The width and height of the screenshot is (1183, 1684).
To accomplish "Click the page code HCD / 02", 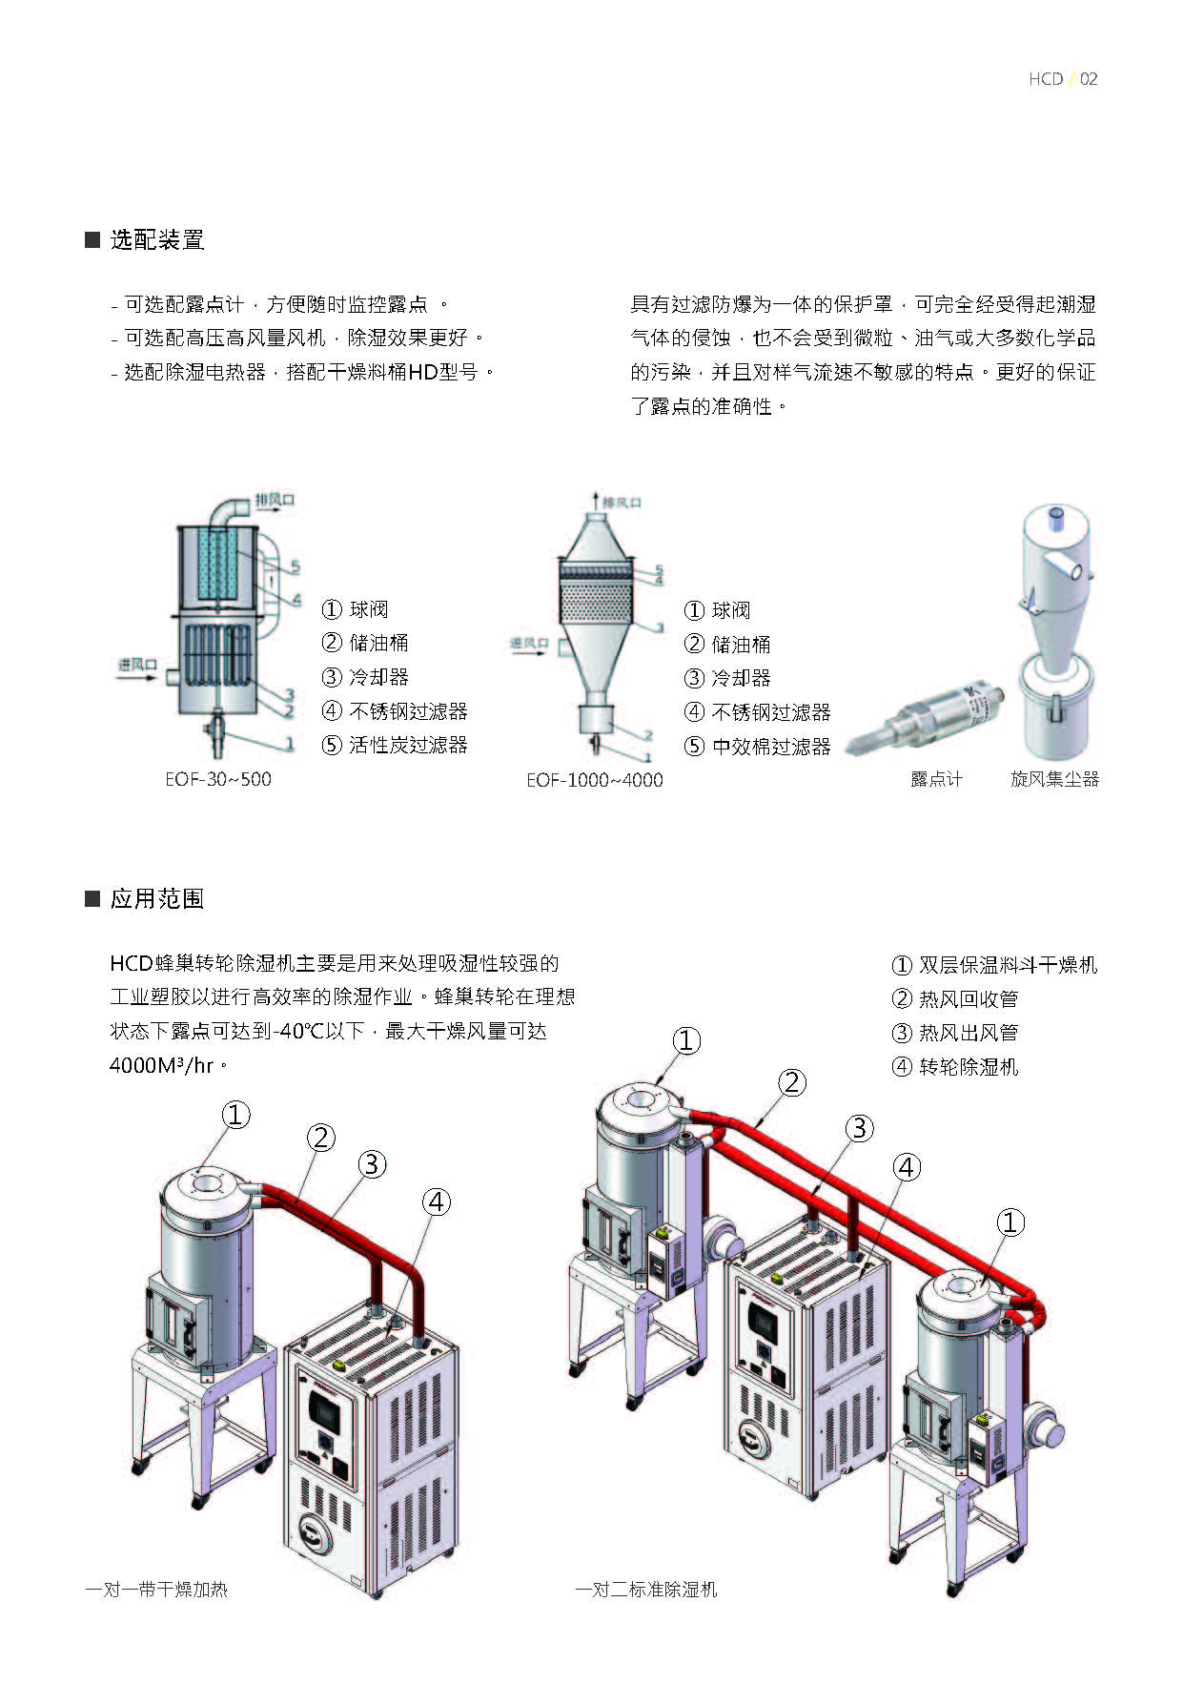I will (1062, 79).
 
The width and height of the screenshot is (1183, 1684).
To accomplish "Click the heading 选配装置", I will (156, 239).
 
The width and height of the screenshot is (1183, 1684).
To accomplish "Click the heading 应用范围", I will (156, 898).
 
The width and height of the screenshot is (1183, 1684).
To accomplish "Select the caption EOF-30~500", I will (217, 779).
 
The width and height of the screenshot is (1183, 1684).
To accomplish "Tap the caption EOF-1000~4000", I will (594, 780).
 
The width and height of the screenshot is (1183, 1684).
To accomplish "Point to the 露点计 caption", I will (936, 779).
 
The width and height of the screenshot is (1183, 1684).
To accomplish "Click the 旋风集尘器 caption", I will (1054, 779).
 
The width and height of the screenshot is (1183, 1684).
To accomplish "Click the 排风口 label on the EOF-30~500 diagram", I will (275, 500).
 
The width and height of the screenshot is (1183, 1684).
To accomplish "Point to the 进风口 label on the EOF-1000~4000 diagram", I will (528, 644).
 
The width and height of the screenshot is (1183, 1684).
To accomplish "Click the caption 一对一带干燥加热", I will (156, 1590).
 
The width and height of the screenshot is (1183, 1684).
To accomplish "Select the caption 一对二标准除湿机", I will (645, 1590).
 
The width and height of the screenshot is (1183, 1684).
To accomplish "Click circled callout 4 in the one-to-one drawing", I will (437, 1201).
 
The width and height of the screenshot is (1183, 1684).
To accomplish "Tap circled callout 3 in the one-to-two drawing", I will (859, 1128).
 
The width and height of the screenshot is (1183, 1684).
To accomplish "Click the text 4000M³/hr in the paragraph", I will (161, 1065).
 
